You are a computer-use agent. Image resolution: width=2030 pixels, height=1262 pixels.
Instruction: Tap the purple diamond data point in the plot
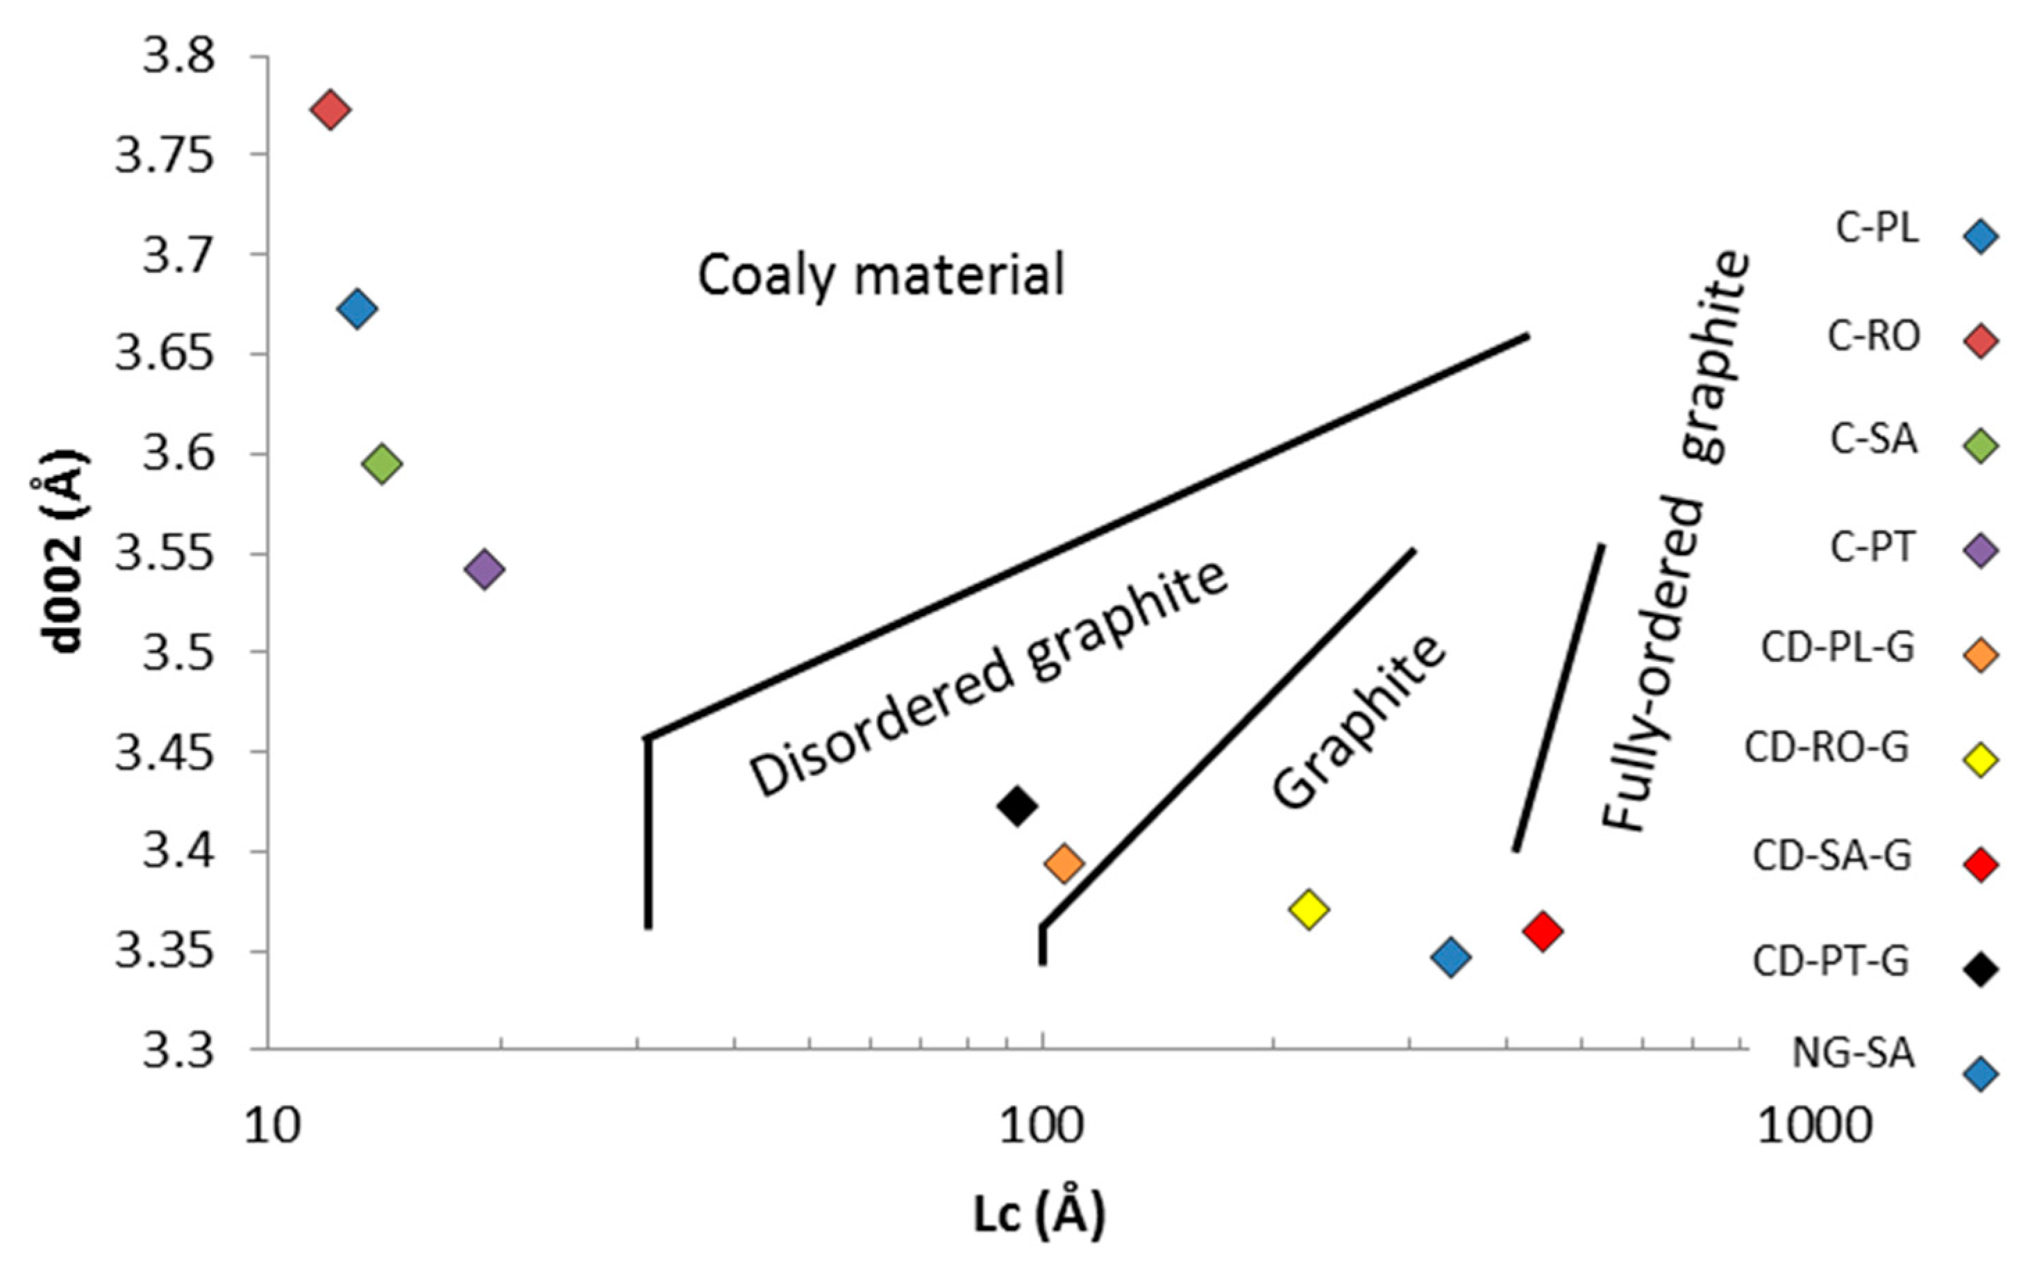pos(485,570)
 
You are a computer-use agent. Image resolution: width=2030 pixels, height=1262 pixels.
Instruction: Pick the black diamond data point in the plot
pos(1017,806)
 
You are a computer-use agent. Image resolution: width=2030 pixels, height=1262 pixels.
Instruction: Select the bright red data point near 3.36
pos(1542,931)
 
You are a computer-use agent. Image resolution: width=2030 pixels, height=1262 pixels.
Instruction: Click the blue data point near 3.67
pos(357,309)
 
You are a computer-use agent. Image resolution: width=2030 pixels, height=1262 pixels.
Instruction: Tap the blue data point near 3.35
pos(1450,956)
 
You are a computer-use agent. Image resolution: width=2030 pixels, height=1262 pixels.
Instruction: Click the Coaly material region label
pos(880,276)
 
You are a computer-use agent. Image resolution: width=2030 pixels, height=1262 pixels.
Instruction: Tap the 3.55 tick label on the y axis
pos(165,554)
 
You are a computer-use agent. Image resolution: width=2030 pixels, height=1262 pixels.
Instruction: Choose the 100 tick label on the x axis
pos(1042,1126)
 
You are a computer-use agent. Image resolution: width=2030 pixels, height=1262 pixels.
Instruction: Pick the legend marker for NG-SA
pos(1981,1074)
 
